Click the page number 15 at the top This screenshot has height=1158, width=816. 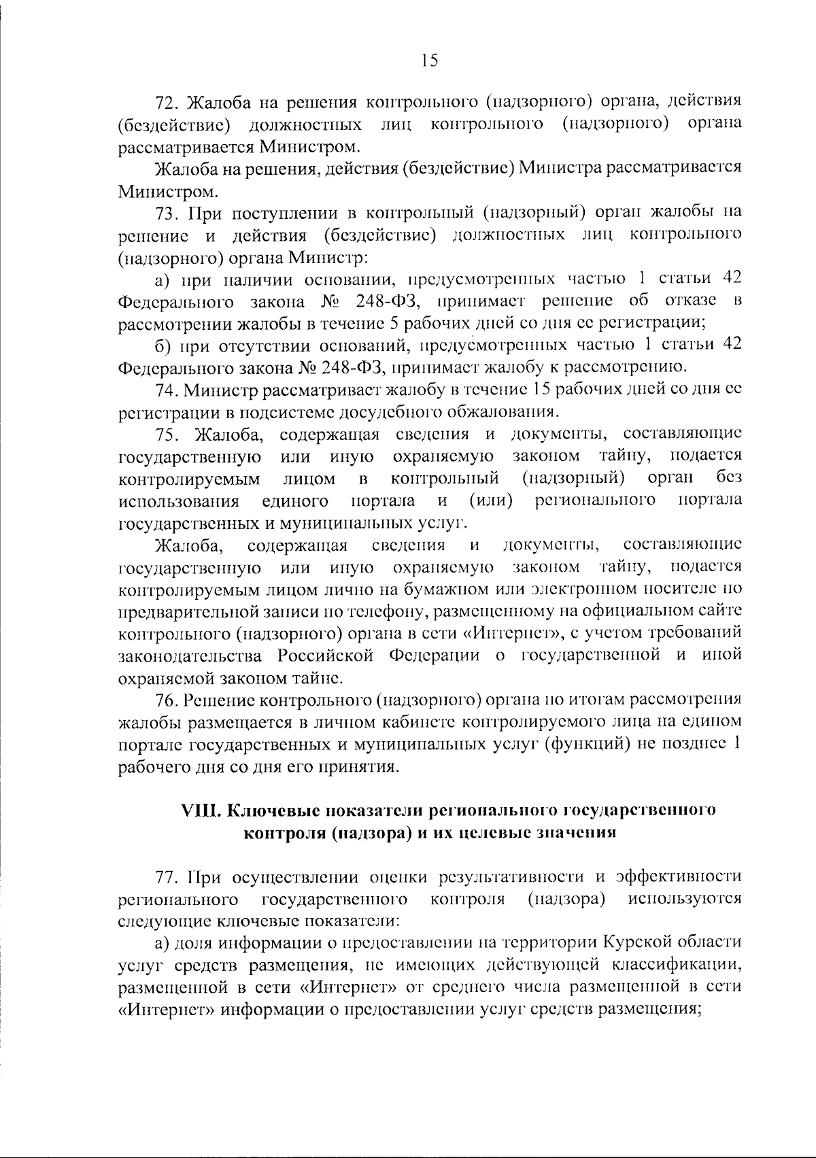click(429, 61)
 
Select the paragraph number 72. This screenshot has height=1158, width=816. click(167, 103)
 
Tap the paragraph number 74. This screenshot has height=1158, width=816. click(167, 390)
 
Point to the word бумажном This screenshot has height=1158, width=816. click(447, 590)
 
